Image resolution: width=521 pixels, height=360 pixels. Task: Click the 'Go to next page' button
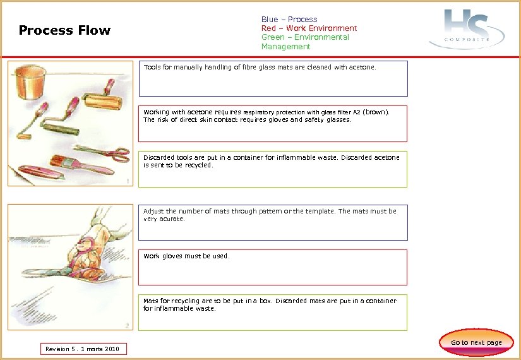476,342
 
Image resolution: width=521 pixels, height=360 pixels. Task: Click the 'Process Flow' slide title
64,30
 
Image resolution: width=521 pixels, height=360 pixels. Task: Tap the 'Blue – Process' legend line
289,20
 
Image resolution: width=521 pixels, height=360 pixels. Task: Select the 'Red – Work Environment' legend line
309,28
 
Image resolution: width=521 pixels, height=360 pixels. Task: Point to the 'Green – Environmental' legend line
305,37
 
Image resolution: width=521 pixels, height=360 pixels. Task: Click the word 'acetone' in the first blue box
362,66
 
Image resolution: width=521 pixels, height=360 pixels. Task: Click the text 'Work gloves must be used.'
186,256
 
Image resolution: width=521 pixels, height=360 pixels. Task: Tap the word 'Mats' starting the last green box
151,301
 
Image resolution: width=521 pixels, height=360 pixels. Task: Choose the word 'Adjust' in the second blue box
153,212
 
